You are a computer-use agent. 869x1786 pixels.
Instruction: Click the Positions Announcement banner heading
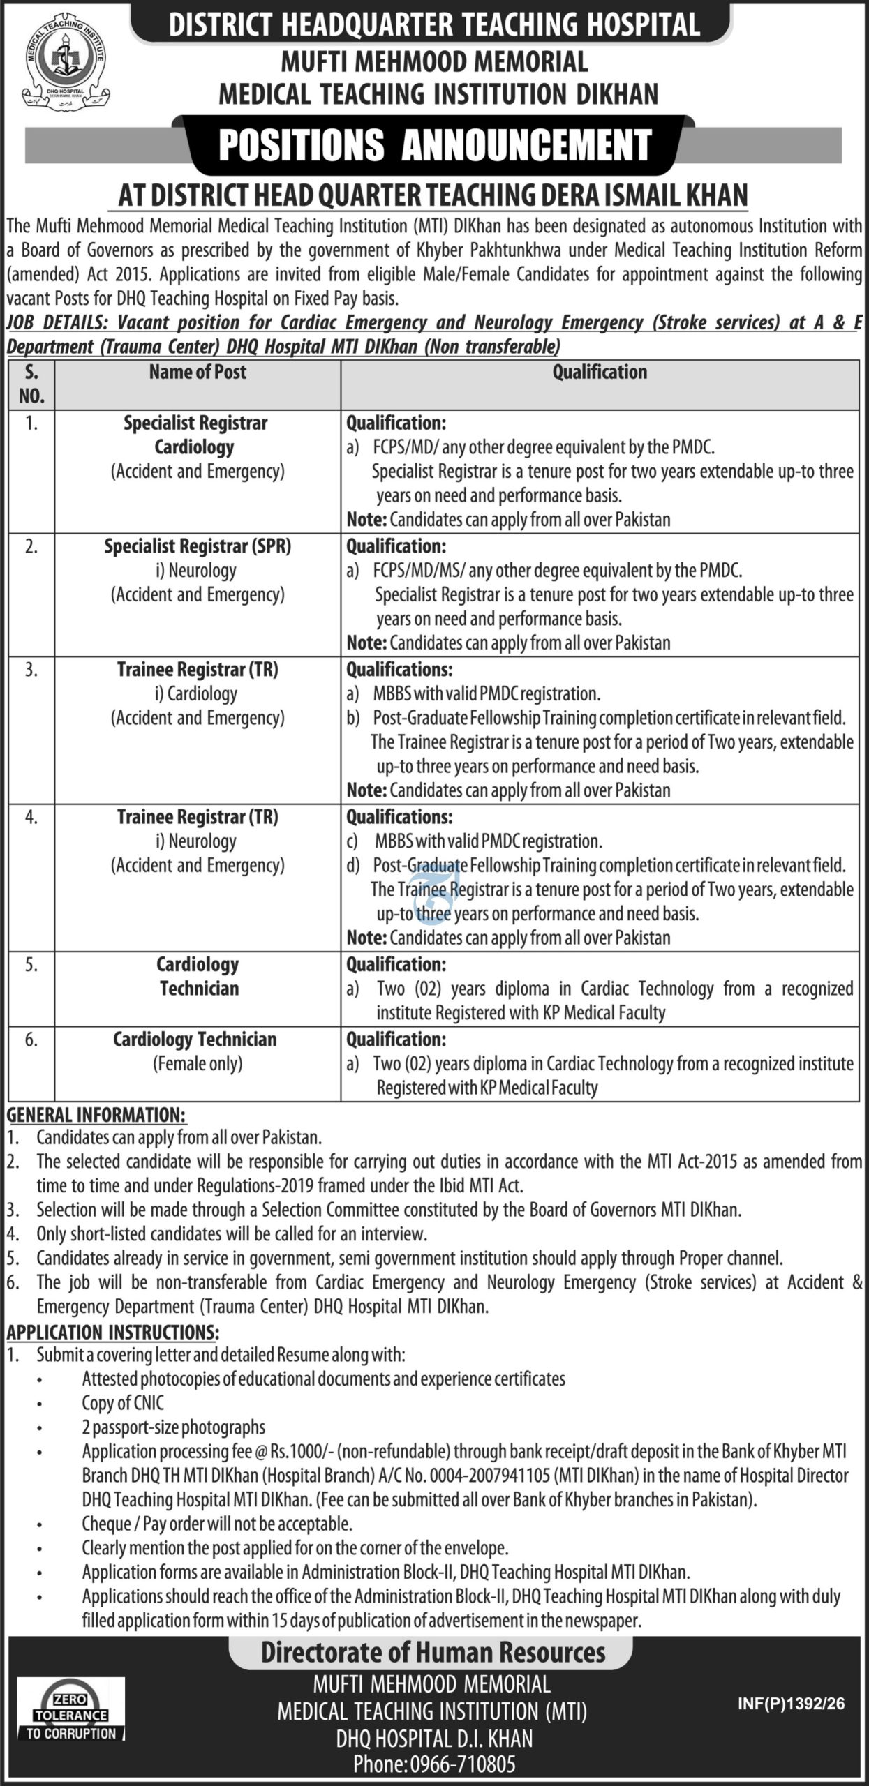434,145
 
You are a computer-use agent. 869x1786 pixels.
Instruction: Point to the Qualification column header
600,373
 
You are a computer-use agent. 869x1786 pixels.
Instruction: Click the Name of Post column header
198,373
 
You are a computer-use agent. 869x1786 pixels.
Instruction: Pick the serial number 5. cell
31,965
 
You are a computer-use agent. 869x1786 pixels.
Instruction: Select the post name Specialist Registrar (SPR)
198,546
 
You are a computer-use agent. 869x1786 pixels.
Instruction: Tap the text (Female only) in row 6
198,1064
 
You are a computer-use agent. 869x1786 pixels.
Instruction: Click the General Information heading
96,1115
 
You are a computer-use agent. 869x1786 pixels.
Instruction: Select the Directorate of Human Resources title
433,1653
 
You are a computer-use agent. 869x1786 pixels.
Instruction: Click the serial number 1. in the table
31,423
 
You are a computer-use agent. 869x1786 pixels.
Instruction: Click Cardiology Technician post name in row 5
198,977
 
